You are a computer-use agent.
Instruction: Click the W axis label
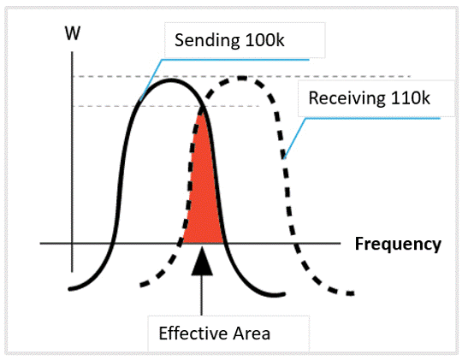point(73,33)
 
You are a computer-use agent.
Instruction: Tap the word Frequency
point(398,244)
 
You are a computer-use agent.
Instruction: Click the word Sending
point(207,40)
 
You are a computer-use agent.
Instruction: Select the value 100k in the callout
point(264,40)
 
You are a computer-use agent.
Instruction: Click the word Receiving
point(347,98)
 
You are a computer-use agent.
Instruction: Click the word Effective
point(193,333)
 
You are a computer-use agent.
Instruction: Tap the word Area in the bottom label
point(252,333)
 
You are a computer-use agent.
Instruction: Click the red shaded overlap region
point(203,191)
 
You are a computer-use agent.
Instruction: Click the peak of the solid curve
point(170,80)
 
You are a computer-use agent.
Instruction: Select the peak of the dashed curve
point(242,79)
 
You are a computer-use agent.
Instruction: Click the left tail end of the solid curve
point(70,289)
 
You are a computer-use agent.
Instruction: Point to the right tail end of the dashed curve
point(352,293)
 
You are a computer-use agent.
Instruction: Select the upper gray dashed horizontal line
point(241,77)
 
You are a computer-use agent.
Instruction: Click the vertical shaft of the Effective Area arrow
point(202,295)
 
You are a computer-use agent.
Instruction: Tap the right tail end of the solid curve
point(283,294)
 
